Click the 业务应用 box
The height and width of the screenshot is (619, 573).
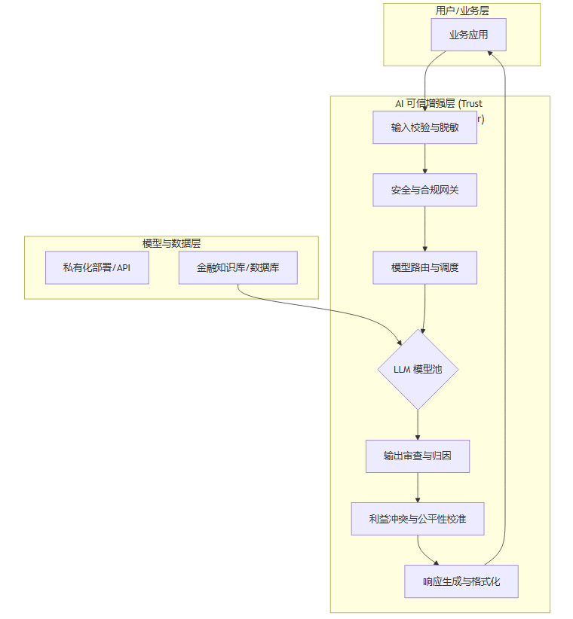(x=467, y=35)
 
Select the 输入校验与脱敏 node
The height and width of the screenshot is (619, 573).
(x=424, y=127)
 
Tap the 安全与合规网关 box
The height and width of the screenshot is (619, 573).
(x=424, y=190)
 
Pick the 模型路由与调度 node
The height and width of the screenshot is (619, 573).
(x=424, y=267)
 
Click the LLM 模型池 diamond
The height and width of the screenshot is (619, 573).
(x=418, y=370)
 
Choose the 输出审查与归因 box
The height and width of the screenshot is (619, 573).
(x=417, y=456)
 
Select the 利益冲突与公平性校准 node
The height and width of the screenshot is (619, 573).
(x=417, y=519)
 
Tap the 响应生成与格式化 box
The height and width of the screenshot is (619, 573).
(x=461, y=581)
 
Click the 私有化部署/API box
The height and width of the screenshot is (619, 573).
(x=97, y=267)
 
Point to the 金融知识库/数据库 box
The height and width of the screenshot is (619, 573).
(x=237, y=267)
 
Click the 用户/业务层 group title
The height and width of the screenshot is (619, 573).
(x=461, y=10)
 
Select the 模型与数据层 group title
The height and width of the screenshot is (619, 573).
(x=171, y=243)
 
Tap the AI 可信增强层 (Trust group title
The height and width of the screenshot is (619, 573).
(x=439, y=103)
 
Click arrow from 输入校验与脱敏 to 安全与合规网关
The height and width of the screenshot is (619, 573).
(x=424, y=158)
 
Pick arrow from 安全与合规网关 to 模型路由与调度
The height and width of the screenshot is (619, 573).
(x=424, y=228)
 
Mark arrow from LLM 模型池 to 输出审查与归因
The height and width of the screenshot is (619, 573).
(x=418, y=425)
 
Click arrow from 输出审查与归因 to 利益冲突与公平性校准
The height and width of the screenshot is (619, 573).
(x=417, y=488)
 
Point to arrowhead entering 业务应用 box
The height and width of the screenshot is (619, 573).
(x=491, y=52)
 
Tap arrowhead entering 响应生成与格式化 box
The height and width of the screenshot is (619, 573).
(x=434, y=563)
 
